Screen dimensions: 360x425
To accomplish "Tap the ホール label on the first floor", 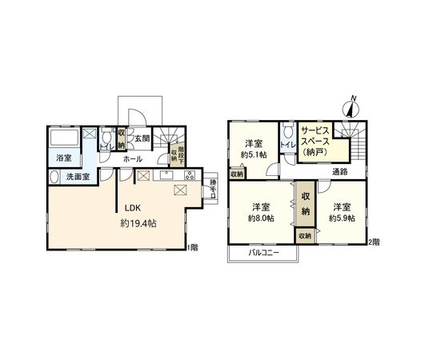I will [133, 159].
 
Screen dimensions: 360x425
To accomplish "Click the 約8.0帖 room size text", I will [261, 218].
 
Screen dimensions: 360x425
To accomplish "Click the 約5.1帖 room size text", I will [255, 156].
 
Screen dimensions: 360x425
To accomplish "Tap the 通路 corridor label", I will [340, 171].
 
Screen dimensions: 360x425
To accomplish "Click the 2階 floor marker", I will [374, 241].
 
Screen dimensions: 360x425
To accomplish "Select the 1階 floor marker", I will [193, 246].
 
